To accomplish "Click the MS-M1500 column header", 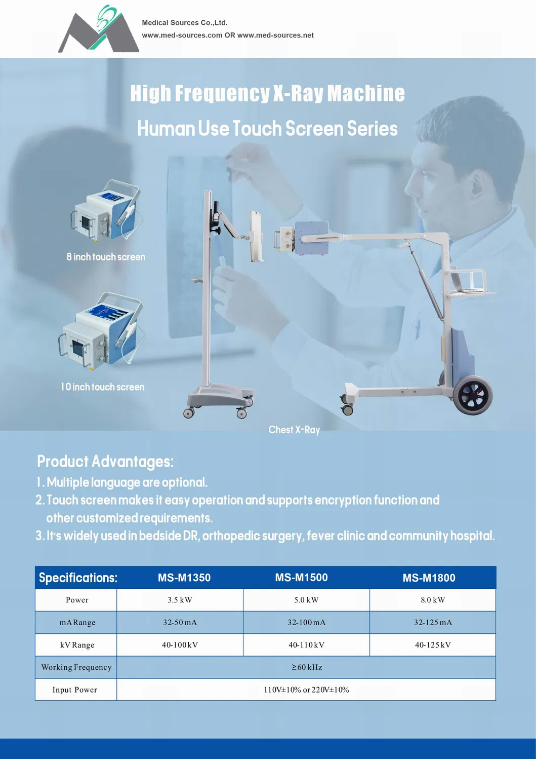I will (301, 578).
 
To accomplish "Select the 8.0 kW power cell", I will (432, 600).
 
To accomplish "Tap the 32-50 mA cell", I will (180, 622).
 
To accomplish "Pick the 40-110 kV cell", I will (306, 645).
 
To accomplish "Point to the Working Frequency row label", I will (76, 667).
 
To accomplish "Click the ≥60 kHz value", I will (307, 667).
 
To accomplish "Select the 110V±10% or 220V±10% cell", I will (306, 690).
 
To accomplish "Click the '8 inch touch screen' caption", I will (106, 257).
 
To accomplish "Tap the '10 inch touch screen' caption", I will (103, 387).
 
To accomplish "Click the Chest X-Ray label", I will (294, 430).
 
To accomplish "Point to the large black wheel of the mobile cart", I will (473, 395).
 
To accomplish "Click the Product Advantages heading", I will (105, 462).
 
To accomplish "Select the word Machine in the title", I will (366, 93).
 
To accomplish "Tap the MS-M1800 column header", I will (429, 578).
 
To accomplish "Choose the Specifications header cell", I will (78, 578).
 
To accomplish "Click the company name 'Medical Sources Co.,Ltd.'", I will (185, 23).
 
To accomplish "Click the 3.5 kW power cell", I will (180, 600).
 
